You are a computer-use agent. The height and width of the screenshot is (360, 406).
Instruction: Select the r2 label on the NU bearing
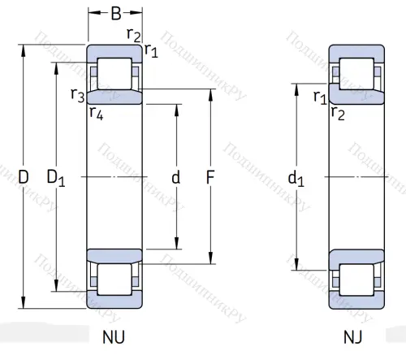(x=134, y=33)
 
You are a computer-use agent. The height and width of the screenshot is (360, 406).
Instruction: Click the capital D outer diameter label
(x=23, y=176)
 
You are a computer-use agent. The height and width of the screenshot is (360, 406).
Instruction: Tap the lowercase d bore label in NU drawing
(x=175, y=176)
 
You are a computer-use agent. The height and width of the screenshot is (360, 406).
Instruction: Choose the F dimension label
(x=210, y=176)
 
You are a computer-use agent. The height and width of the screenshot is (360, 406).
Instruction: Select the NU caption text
(x=114, y=336)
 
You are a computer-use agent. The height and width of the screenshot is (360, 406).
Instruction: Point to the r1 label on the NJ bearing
(x=319, y=98)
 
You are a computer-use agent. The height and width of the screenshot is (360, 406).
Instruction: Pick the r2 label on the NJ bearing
(x=338, y=112)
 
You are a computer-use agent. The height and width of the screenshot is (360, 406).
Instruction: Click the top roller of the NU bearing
(x=114, y=74)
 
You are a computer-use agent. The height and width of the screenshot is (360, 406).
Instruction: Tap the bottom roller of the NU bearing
(x=114, y=279)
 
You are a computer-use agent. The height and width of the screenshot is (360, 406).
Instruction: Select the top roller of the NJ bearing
(x=355, y=74)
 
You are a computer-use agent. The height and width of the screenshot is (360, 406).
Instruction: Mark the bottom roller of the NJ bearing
(x=355, y=279)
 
